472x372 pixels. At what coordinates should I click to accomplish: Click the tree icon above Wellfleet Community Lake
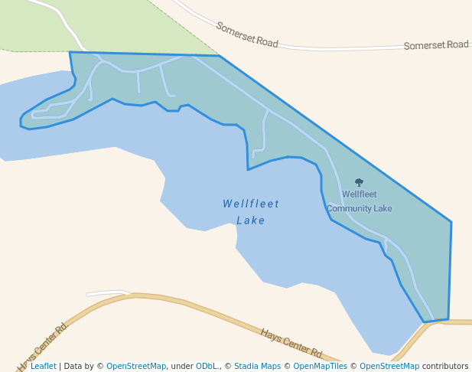point(359,183)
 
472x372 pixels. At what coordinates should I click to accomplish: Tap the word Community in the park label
point(347,208)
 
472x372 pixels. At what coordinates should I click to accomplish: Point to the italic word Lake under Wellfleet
point(251,220)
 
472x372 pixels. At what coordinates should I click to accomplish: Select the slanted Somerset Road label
point(246,35)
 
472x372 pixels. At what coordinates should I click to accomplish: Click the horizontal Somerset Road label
point(436,45)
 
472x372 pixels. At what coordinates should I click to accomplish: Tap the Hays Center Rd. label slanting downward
point(291,344)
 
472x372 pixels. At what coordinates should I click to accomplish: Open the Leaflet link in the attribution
point(43,367)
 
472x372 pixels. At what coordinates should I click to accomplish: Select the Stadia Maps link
point(257,367)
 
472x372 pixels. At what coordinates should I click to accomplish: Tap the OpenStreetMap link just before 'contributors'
point(389,367)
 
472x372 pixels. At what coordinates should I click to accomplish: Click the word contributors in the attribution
point(444,367)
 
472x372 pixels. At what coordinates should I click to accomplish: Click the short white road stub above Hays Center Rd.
point(107,292)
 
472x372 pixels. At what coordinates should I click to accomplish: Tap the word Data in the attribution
point(73,367)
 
